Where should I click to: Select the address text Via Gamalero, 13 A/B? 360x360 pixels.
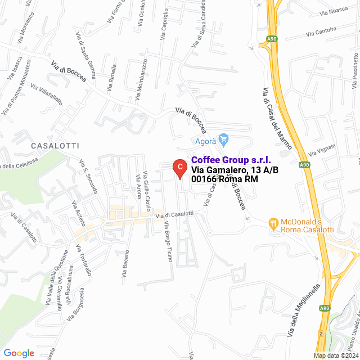pos(235,170)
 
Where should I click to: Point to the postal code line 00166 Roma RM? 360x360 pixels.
pos(224,179)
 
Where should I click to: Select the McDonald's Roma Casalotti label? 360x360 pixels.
pos(308,226)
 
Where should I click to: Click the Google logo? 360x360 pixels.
pos(19,353)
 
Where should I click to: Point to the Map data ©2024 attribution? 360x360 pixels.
pos(336,355)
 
